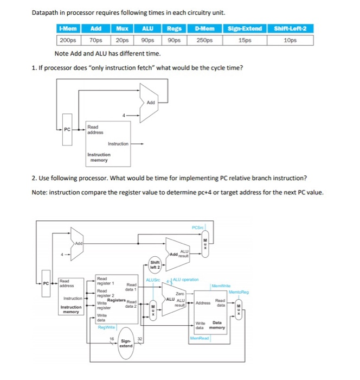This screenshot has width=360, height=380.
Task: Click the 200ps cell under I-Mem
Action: tap(67, 40)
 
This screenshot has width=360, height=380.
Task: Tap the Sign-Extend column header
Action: tap(245, 29)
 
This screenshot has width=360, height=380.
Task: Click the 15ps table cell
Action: tap(245, 40)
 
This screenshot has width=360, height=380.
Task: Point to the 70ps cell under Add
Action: tap(97, 40)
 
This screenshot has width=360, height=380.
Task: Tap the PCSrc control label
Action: tap(198, 227)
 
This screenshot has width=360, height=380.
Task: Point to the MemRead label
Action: tap(200, 339)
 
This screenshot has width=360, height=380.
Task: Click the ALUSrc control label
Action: tap(152, 280)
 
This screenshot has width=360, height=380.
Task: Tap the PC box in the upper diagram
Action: tap(67, 129)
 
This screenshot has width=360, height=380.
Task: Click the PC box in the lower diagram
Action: tap(46, 283)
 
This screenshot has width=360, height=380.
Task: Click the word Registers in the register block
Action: tap(116, 300)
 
